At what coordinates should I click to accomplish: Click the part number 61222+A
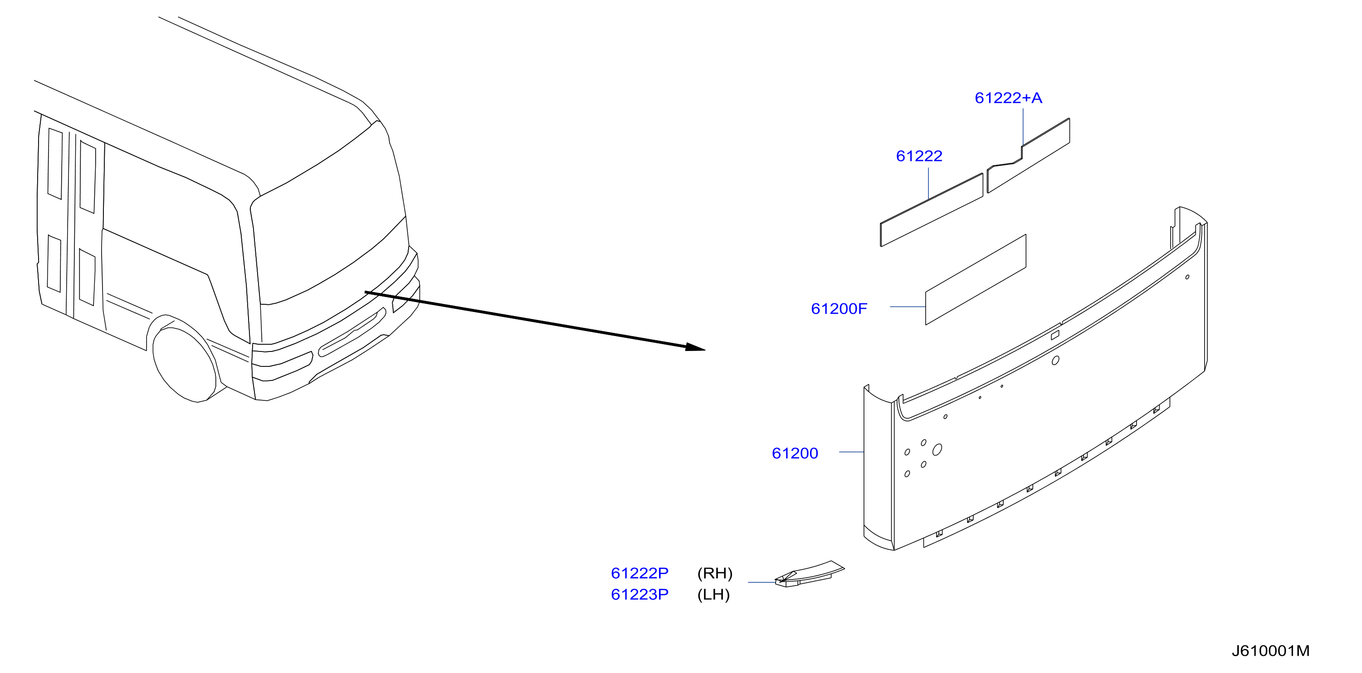click(1008, 98)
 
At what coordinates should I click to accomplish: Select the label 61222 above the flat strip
click(919, 156)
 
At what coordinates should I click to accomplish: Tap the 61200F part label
click(839, 309)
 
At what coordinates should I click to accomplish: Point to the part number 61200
click(795, 453)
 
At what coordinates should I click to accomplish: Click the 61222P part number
click(639, 573)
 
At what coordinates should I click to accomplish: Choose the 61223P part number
click(639, 595)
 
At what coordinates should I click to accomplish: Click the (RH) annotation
click(715, 574)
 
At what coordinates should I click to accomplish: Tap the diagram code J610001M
click(1270, 651)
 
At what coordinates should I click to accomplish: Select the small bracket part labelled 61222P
click(809, 574)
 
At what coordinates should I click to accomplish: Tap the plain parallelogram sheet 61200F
click(976, 280)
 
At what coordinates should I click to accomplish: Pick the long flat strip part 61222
click(932, 210)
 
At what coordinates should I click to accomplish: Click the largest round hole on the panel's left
click(937, 450)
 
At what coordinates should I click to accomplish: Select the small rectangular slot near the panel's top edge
click(1055, 335)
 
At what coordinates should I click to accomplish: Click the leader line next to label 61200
click(851, 452)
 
